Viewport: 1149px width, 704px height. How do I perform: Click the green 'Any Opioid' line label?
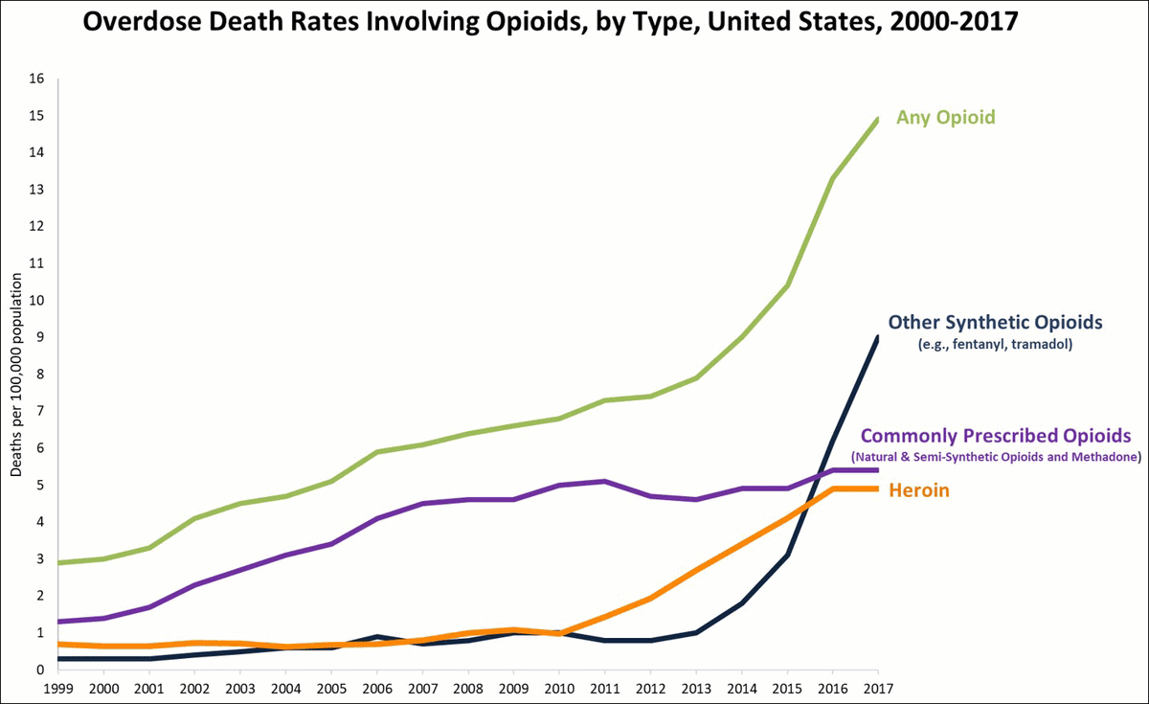click(945, 118)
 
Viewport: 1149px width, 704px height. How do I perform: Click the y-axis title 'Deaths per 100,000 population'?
click(16, 374)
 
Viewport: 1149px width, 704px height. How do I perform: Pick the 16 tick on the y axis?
click(38, 79)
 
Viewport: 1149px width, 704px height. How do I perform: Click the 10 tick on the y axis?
click(38, 301)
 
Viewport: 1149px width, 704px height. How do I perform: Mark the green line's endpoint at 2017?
click(878, 119)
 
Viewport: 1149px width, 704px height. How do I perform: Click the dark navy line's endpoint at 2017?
click(878, 337)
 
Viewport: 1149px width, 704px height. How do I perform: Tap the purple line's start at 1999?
click(60, 622)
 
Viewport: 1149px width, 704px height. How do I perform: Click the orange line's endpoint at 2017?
click(878, 488)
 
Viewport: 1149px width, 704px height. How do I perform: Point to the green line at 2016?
click(833, 179)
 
